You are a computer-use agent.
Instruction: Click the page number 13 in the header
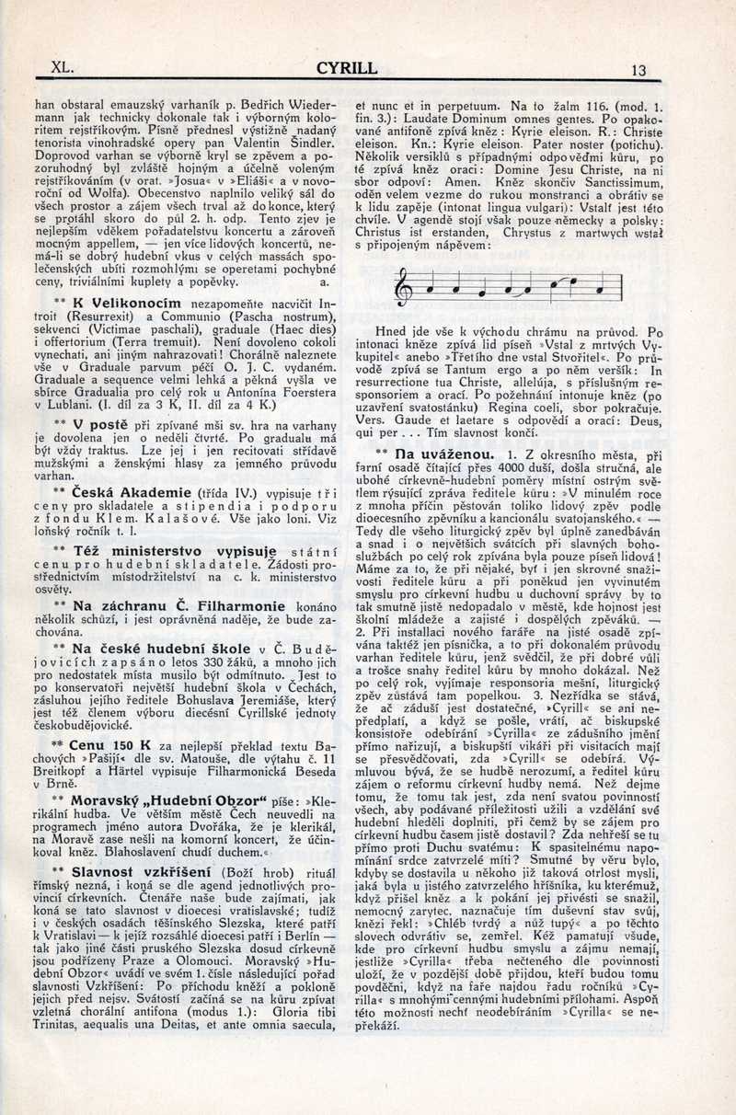coord(639,70)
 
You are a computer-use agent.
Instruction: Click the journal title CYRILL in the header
coord(347,68)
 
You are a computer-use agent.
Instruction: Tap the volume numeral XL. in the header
coord(63,67)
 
